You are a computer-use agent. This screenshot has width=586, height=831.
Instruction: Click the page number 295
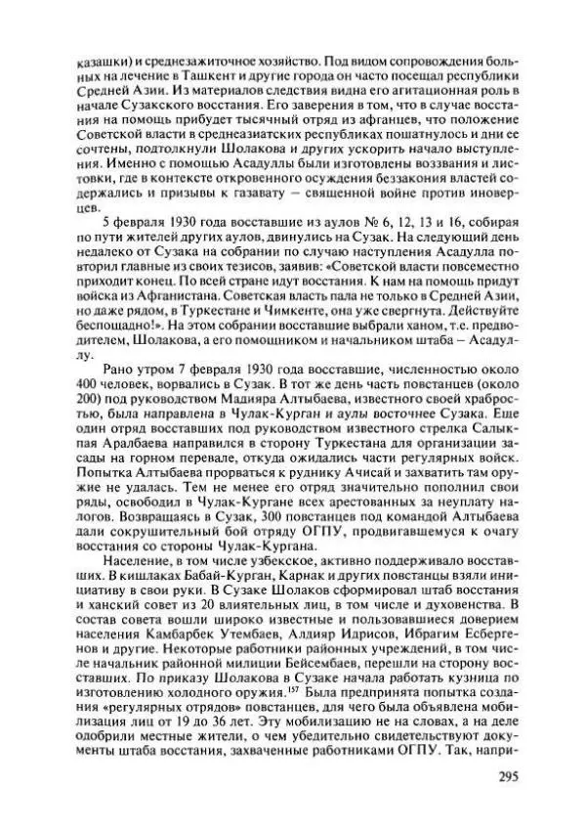(x=498, y=776)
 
